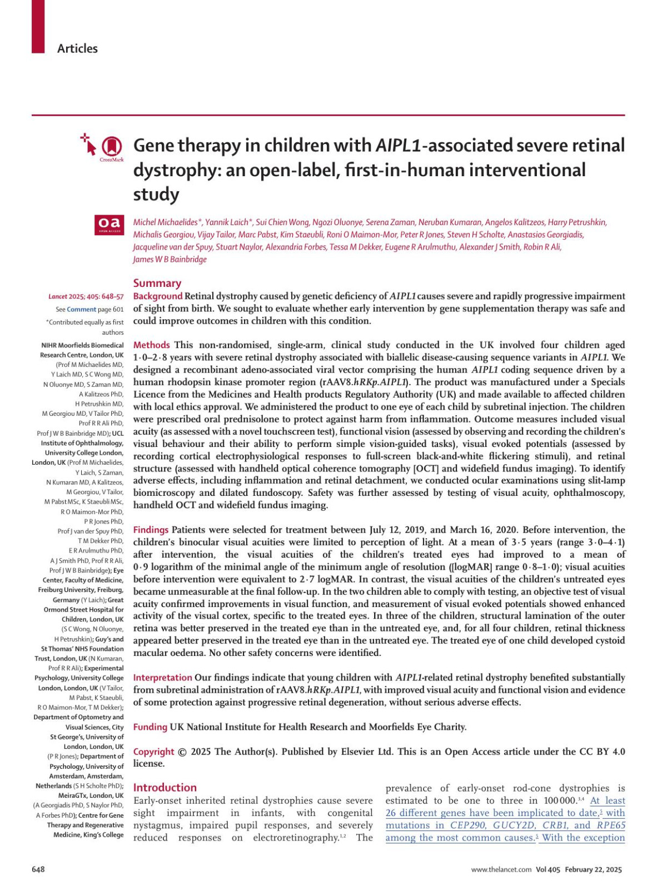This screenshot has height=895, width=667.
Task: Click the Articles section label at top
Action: (x=77, y=49)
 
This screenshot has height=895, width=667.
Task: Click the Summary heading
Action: (x=157, y=283)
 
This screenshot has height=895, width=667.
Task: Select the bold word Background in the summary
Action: (x=158, y=296)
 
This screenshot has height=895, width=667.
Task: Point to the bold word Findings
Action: (x=151, y=530)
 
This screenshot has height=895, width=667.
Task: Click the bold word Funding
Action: (x=150, y=727)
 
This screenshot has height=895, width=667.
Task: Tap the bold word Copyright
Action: (x=153, y=752)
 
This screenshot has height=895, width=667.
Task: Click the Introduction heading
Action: (x=165, y=788)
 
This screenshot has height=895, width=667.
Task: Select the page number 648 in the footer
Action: (x=38, y=869)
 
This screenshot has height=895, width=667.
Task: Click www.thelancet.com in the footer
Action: (x=501, y=870)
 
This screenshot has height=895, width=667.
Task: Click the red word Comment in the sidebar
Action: (x=81, y=310)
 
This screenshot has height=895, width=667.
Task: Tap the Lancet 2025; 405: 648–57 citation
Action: (x=86, y=297)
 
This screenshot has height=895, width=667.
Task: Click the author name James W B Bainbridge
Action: (x=170, y=260)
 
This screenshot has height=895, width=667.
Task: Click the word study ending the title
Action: (x=156, y=195)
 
